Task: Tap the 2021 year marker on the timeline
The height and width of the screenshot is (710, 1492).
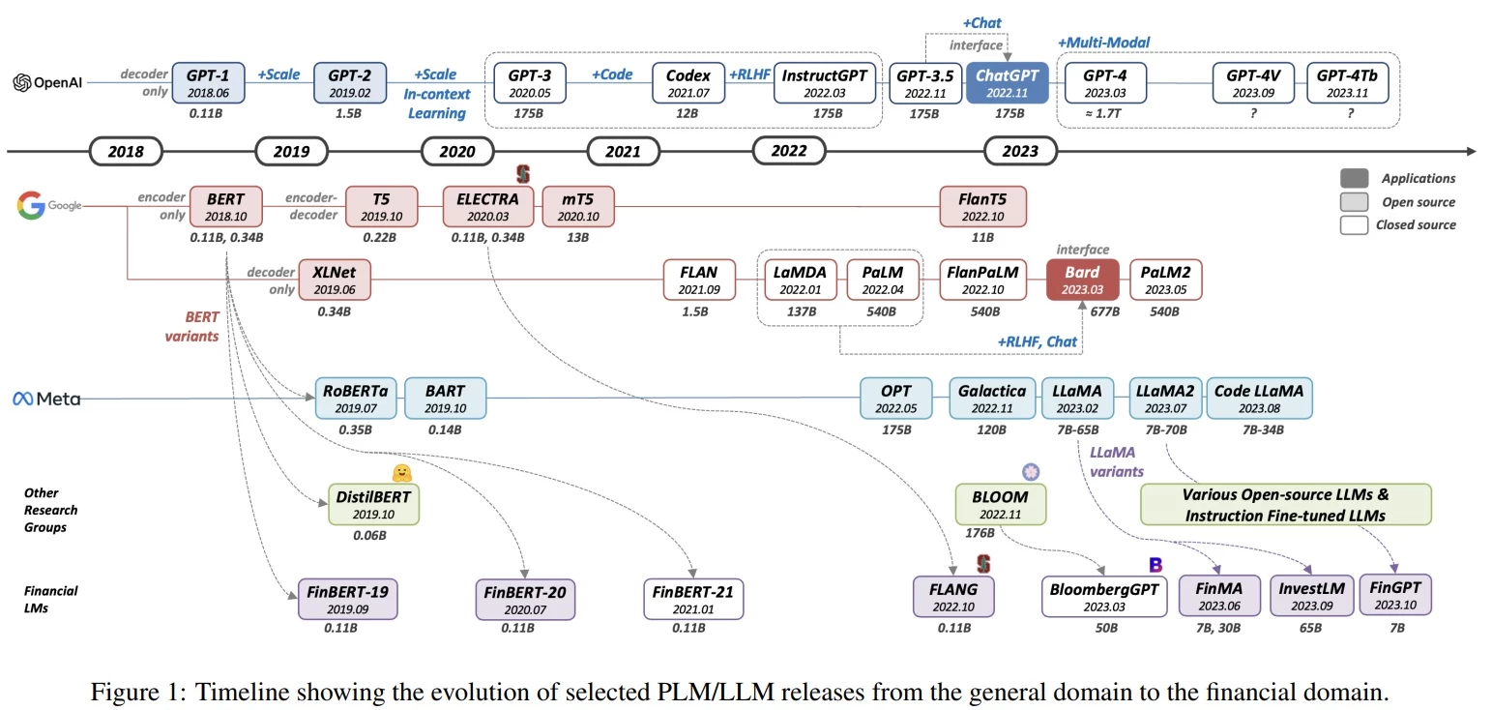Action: tap(624, 152)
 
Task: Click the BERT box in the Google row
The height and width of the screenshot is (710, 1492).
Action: tap(226, 207)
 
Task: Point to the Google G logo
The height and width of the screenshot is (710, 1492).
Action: tap(31, 206)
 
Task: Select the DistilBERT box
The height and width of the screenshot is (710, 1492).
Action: tap(373, 504)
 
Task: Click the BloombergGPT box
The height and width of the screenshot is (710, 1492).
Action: tap(1105, 596)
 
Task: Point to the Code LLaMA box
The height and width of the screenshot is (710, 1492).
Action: tap(1259, 398)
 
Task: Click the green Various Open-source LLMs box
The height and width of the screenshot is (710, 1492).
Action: tap(1285, 504)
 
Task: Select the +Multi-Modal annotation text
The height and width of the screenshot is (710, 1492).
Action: tap(1103, 43)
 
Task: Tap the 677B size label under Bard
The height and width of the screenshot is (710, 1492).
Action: tap(1104, 311)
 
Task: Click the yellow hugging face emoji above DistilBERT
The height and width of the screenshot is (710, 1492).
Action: tap(402, 473)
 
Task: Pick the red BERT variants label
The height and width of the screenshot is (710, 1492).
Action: tap(202, 326)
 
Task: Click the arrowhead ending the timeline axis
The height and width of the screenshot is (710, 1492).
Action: tap(1471, 152)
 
